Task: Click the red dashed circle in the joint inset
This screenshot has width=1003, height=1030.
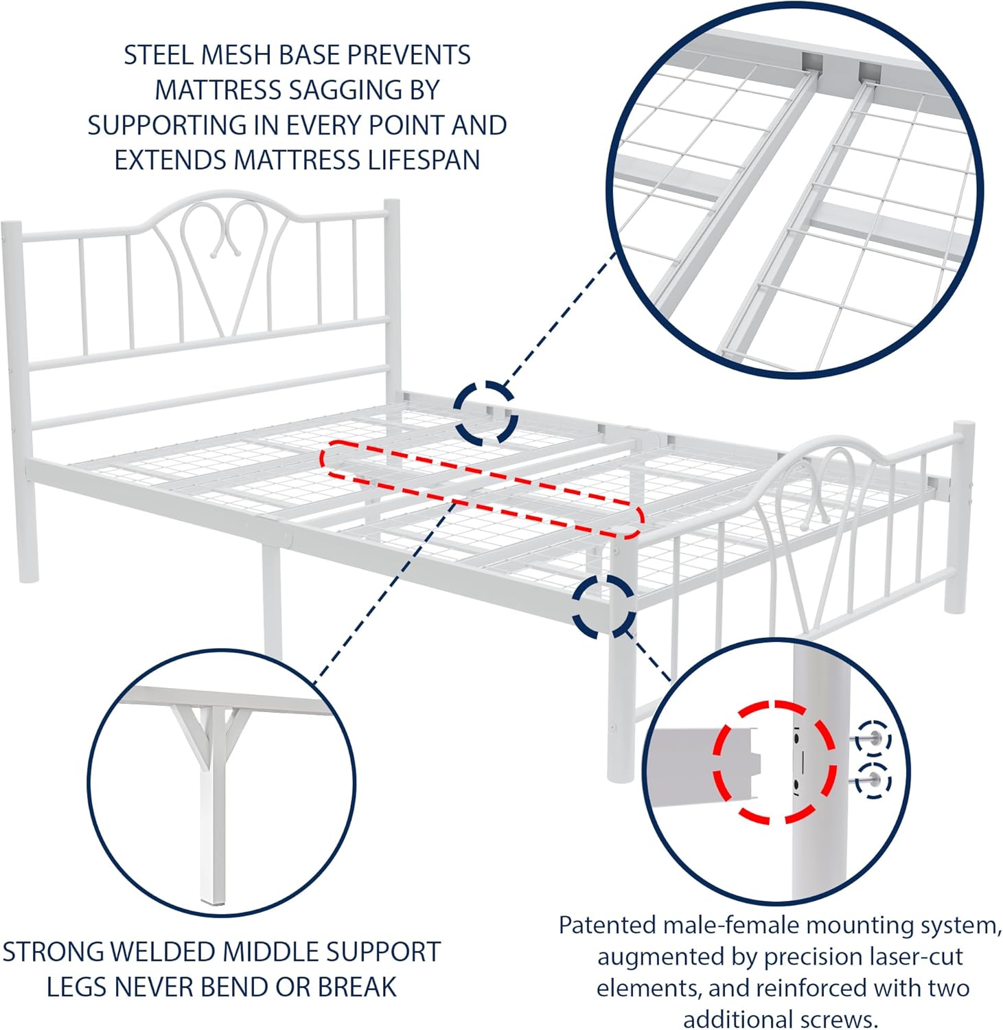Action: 774,762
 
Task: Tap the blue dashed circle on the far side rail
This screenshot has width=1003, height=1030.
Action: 486,412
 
